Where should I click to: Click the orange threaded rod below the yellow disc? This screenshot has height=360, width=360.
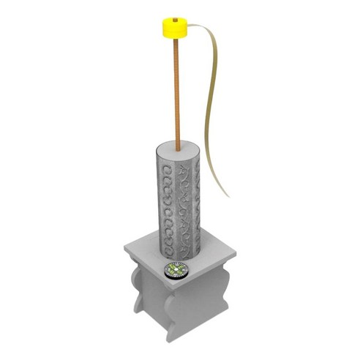177,88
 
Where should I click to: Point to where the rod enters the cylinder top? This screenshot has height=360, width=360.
177,145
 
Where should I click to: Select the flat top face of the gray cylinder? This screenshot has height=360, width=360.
179,147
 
